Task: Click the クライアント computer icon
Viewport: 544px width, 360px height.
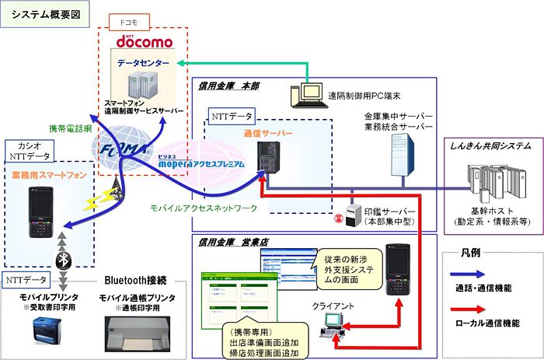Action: coord(336,319)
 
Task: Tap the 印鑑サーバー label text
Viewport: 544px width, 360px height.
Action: coord(385,211)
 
